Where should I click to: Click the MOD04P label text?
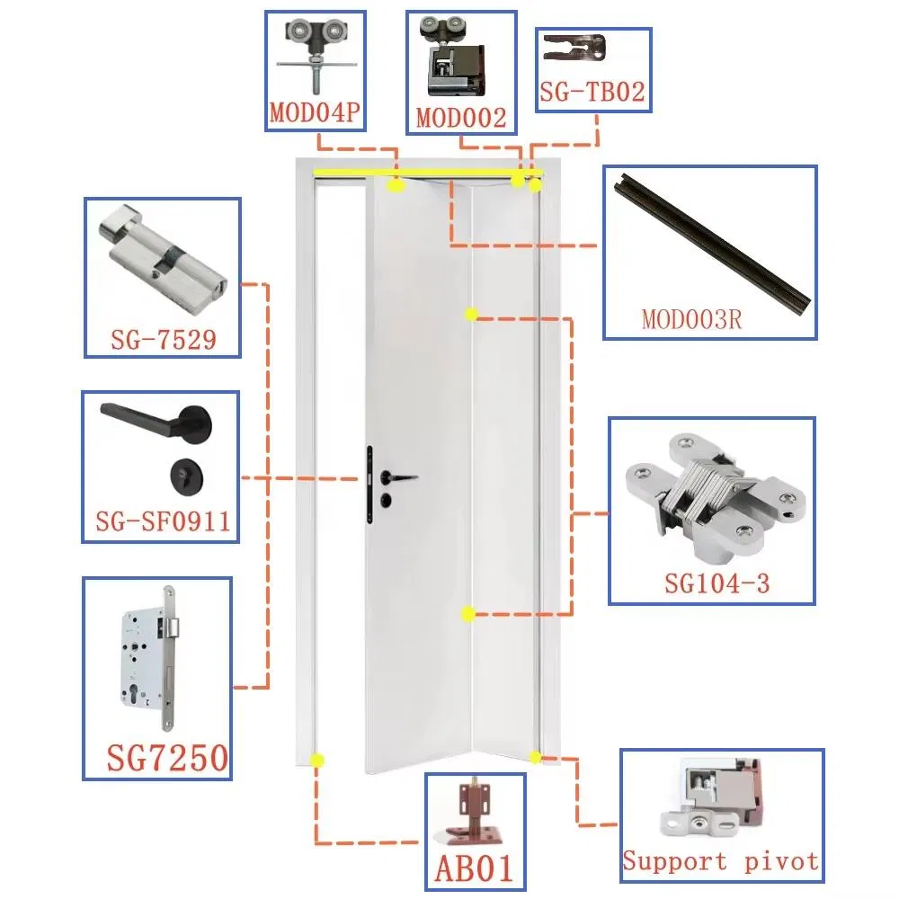[x=315, y=112]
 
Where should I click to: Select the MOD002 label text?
[x=461, y=118]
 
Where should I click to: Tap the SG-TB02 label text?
[x=592, y=92]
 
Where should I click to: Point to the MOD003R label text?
[x=691, y=319]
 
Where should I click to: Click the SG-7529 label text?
[x=164, y=340]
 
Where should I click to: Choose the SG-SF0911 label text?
[x=163, y=521]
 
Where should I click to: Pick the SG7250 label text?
[x=167, y=758]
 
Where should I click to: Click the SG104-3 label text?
[x=717, y=583]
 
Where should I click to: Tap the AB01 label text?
[x=474, y=868]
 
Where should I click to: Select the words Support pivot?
[x=721, y=861]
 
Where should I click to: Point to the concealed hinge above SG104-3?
[x=716, y=496]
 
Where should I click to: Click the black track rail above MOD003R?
[x=713, y=241]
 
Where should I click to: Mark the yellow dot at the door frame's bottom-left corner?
[x=316, y=761]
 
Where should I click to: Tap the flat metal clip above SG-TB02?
[x=574, y=48]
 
